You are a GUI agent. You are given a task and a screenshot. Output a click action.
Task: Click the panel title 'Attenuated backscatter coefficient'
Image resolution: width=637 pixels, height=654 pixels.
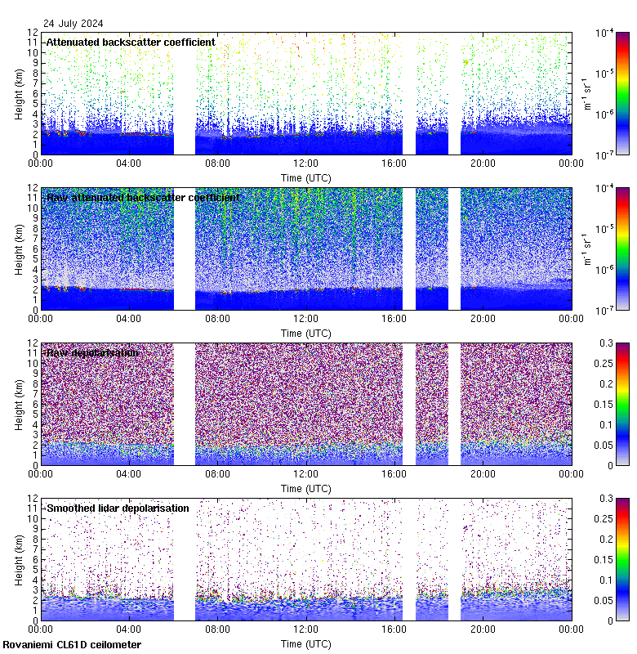tap(131, 42)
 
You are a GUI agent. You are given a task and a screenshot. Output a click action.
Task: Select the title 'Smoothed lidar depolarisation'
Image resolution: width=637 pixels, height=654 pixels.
tap(118, 508)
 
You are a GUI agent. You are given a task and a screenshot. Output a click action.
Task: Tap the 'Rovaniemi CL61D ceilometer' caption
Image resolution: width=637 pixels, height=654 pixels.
tap(72, 645)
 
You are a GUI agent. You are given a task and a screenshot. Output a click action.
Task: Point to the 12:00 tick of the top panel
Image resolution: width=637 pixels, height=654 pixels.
tap(305, 163)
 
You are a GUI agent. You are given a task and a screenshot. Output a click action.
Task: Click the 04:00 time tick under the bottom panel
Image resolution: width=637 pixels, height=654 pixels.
tap(128, 629)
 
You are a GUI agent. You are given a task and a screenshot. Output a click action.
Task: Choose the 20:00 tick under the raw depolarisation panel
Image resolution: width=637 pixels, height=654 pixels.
tap(483, 473)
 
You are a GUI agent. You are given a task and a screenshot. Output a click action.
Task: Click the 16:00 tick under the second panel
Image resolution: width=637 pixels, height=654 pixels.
tap(394, 318)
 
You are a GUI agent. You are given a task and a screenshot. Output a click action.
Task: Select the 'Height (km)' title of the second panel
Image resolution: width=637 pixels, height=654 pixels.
tap(20, 249)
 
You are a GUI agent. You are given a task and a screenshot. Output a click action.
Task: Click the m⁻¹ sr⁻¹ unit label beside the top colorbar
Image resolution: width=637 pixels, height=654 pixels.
tap(585, 93)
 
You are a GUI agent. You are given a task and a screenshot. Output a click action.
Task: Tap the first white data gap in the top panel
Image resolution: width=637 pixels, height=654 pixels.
tap(185, 93)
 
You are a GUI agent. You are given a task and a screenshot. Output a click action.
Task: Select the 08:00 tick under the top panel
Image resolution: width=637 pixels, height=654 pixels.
tap(217, 163)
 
